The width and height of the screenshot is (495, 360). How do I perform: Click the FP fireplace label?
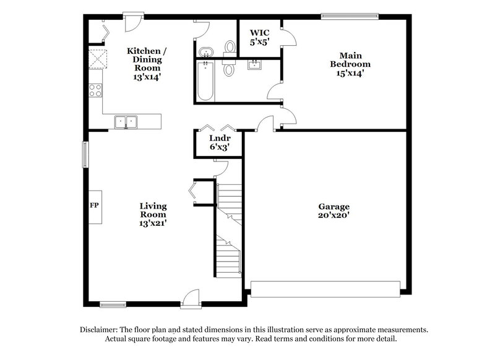[94, 205]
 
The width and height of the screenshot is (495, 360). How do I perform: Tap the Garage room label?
[334, 207]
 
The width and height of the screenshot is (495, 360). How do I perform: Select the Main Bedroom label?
[350, 59]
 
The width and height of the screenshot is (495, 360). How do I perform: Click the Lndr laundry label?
[220, 139]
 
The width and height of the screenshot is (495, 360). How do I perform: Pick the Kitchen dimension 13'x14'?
[147, 77]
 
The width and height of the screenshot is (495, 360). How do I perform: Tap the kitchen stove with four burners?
[95, 91]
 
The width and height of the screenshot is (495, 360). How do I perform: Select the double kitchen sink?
[126, 121]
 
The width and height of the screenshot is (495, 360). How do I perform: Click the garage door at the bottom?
[325, 289]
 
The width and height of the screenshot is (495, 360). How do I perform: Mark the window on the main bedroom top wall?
[350, 16]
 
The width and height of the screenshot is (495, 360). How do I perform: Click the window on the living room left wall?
[86, 153]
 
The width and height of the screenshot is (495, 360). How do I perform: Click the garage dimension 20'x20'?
[334, 215]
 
